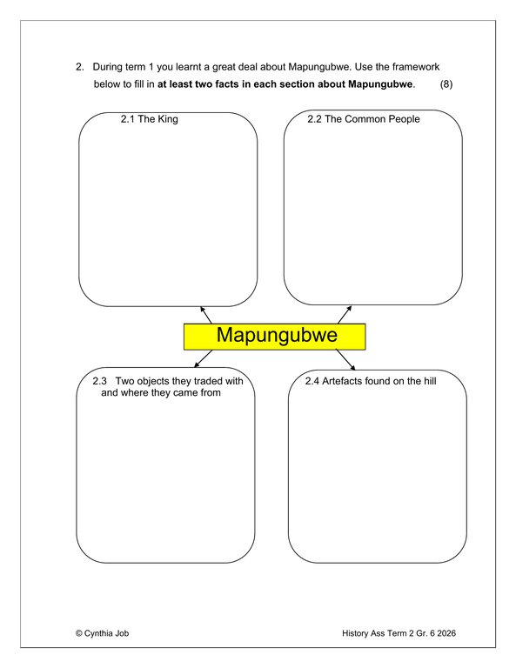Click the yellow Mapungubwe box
274,336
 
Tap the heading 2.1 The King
149,119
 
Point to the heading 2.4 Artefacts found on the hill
370,382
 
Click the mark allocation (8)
446,84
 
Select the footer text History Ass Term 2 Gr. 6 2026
399,633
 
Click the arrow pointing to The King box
206,314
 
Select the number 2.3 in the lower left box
99,382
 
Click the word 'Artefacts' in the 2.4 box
344,382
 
